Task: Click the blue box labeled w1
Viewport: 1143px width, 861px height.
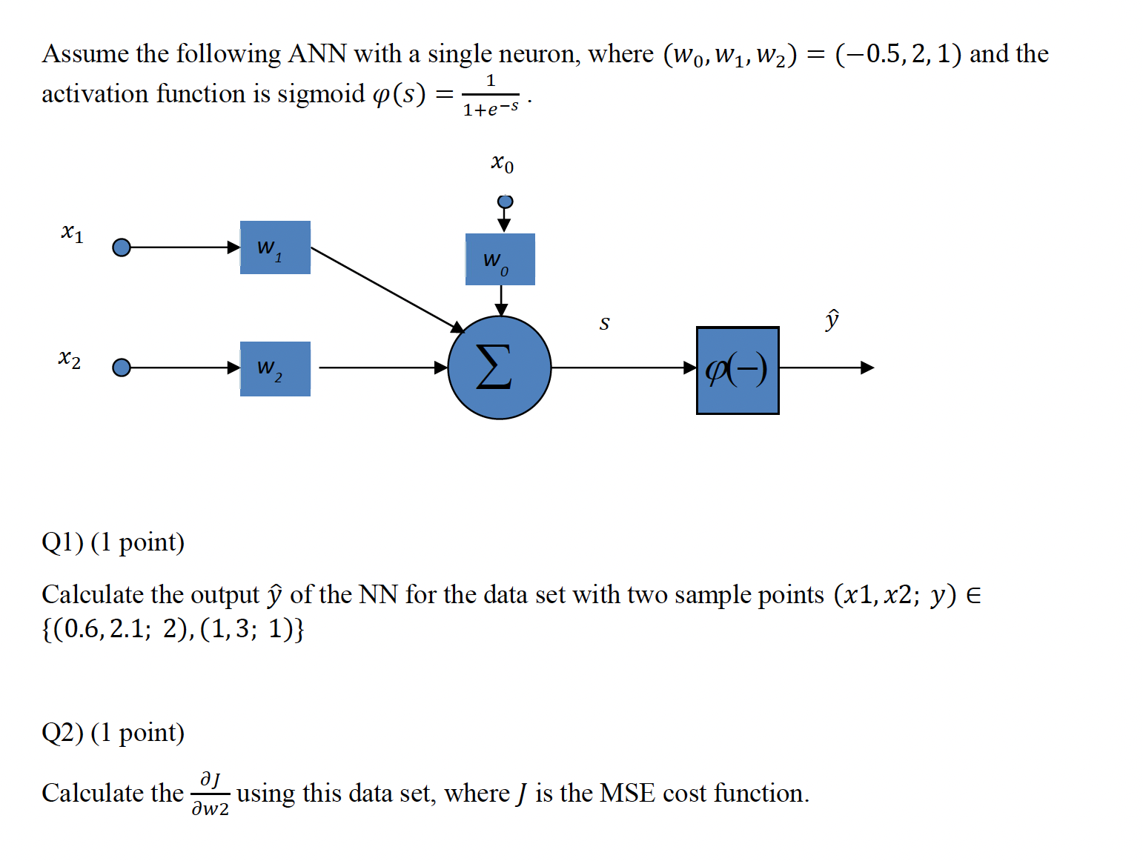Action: [x=275, y=247]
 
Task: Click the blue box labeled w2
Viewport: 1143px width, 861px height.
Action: [x=275, y=368]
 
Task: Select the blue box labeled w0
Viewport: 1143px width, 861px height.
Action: [x=500, y=259]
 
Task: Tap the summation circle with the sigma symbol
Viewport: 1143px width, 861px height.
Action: [x=499, y=368]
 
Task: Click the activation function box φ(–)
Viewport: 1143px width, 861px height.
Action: [x=737, y=370]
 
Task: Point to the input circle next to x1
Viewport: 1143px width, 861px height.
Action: [x=122, y=247]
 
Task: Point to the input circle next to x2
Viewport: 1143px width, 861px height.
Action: [x=122, y=368]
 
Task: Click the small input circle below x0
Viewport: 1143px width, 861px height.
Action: [x=505, y=202]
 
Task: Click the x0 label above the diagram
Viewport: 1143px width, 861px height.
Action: [x=502, y=162]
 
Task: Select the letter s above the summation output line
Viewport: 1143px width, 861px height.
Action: [x=604, y=323]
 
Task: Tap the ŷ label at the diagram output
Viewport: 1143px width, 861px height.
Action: [x=832, y=319]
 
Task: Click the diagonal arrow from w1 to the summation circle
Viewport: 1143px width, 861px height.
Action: [x=385, y=289]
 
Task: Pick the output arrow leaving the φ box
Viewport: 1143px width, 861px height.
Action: [x=826, y=368]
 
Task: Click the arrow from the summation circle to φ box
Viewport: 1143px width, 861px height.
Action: [x=623, y=368]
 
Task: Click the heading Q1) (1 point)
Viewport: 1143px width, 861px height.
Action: [x=113, y=542]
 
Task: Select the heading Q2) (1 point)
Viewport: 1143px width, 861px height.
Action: [x=113, y=733]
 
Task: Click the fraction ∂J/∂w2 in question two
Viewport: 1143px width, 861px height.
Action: [x=210, y=794]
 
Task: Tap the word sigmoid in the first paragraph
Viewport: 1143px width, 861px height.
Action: [x=321, y=94]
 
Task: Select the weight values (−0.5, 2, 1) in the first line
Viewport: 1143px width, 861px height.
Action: [x=898, y=54]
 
